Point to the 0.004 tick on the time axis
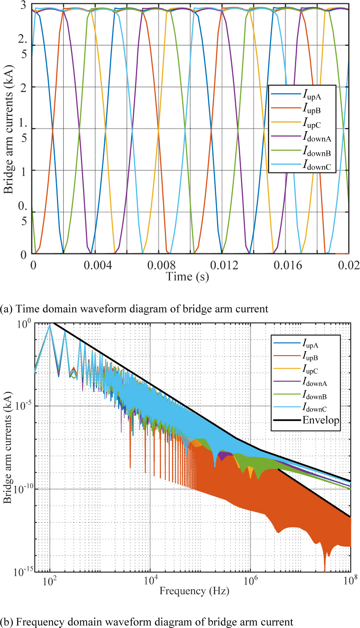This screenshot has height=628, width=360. (98, 265)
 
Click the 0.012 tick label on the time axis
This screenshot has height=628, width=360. (224, 265)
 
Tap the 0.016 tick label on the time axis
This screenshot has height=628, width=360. (288, 265)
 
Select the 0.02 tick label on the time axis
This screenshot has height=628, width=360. (348, 265)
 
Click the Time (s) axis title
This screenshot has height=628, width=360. (187, 277)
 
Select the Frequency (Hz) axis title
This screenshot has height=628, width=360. (194, 591)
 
